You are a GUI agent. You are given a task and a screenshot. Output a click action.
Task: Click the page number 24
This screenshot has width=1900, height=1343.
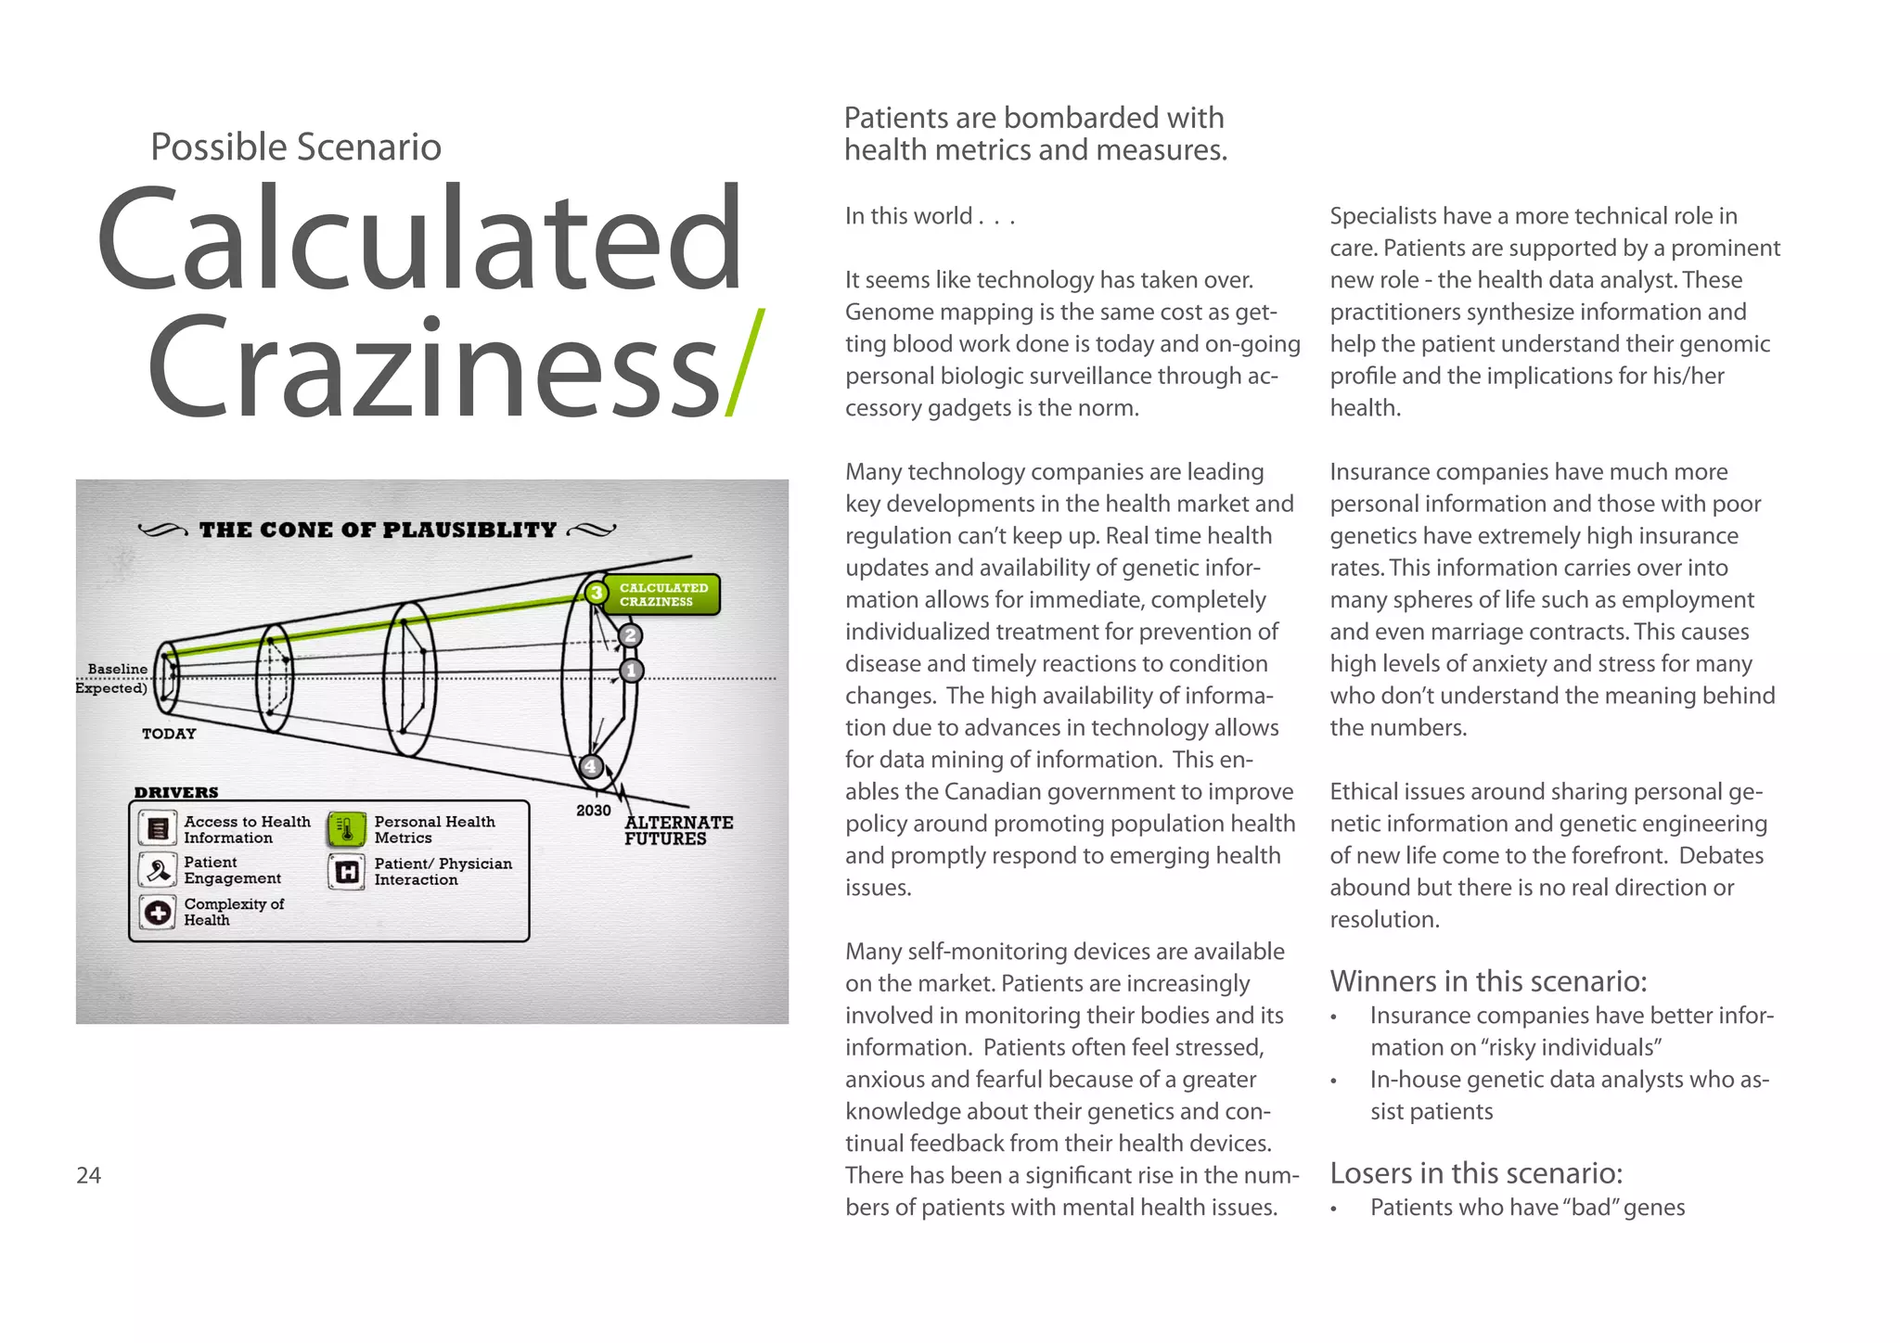(88, 1175)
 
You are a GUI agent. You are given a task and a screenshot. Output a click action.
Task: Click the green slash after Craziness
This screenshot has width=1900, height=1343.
(745, 363)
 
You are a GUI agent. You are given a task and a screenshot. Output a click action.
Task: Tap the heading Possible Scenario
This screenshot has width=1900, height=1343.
(296, 147)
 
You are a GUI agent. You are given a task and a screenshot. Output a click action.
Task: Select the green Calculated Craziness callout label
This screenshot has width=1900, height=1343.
(663, 595)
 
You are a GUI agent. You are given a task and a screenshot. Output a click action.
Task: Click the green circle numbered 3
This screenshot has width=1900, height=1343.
(597, 592)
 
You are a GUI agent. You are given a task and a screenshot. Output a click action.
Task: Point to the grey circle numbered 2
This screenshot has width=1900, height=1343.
(631, 635)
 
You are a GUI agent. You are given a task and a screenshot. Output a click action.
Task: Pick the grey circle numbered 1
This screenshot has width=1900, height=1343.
(632, 670)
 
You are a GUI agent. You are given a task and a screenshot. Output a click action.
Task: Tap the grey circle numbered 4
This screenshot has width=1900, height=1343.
(591, 767)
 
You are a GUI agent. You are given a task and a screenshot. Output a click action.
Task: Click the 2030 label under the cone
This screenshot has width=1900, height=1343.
(593, 810)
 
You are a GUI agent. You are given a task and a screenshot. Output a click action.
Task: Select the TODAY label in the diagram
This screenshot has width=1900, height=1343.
(169, 734)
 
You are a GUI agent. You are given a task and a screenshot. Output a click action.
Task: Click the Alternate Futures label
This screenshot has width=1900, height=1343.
(678, 830)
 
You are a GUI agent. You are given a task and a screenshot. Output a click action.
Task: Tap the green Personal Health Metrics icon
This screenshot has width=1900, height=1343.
(346, 828)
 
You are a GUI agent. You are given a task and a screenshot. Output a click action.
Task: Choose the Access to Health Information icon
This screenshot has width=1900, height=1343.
(158, 828)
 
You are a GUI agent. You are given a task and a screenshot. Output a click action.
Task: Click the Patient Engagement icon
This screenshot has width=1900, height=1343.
(158, 870)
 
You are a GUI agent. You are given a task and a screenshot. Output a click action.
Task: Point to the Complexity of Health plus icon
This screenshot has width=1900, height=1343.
(158, 912)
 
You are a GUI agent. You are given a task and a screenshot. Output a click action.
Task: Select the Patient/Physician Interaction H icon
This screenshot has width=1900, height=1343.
(346, 871)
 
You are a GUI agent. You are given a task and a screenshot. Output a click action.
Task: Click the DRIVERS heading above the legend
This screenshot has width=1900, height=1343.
(176, 792)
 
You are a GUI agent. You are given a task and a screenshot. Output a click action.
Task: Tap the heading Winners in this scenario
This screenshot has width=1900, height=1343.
(1488, 981)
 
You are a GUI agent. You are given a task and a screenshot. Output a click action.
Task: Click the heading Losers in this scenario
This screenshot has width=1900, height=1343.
(1476, 1173)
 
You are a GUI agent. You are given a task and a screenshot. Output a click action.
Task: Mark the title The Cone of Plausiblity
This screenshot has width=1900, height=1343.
(378, 530)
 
